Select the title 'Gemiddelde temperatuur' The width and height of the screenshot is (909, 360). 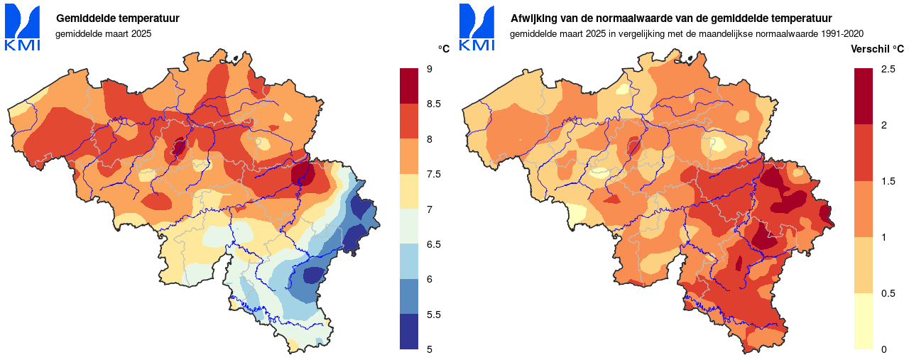point(117,18)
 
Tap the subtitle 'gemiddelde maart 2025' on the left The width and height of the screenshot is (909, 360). point(104,33)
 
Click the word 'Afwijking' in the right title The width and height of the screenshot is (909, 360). point(533,18)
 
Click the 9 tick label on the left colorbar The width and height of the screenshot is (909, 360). point(430,69)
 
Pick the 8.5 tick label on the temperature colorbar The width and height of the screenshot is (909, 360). point(433,104)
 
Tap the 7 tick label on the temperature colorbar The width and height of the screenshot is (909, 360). point(430,209)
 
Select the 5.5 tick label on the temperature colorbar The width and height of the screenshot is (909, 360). point(433,315)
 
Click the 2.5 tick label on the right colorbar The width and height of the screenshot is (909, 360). point(888,69)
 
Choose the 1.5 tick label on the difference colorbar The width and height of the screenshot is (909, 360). point(888,181)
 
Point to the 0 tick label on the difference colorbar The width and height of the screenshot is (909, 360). point(883,349)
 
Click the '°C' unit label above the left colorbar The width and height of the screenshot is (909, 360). point(443,49)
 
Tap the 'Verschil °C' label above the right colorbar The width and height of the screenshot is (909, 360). point(878,49)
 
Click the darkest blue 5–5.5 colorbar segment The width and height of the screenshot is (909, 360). point(409,332)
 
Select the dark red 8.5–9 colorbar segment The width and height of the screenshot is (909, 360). point(409,86)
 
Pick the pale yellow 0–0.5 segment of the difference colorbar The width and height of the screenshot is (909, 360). point(864,321)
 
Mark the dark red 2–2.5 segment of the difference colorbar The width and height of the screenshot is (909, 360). point(864,97)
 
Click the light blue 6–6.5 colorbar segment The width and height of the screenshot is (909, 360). point(409,261)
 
